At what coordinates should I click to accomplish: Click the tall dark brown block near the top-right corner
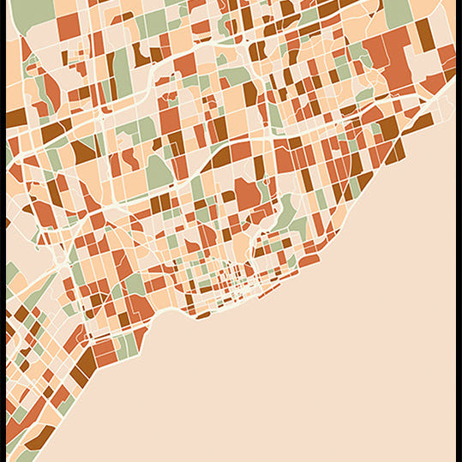pyautogui.click(x=424, y=34)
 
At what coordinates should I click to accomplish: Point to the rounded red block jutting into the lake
pyautogui.click(x=308, y=259)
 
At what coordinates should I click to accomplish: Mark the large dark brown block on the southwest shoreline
pyautogui.click(x=82, y=373)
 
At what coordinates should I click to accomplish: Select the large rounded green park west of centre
pyautogui.click(x=159, y=171)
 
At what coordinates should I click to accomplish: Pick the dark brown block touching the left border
pyautogui.click(x=15, y=118)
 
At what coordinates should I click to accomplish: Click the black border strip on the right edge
pyautogui.click(x=459, y=231)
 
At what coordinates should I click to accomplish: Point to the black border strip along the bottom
pyautogui.click(x=231, y=459)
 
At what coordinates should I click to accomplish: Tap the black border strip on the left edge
pyautogui.click(x=3, y=231)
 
